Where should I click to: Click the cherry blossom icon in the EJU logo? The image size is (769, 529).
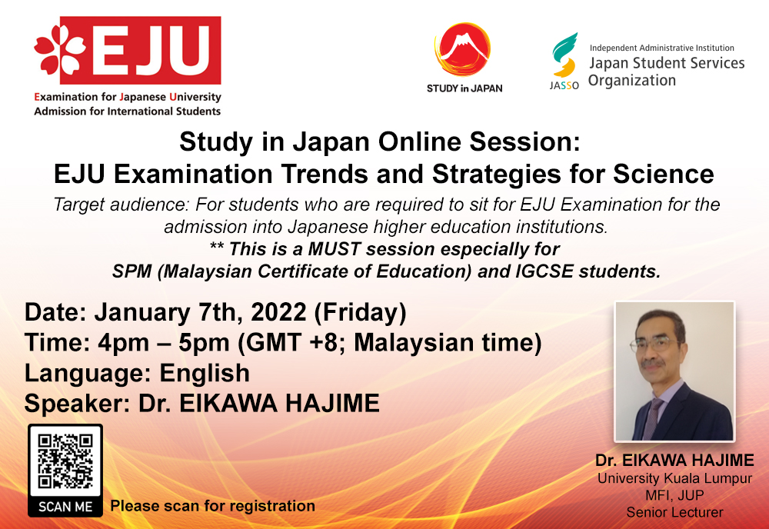point(60,49)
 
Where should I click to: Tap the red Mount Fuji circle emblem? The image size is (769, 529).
point(462,49)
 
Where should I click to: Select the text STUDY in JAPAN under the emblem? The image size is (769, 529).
point(464,88)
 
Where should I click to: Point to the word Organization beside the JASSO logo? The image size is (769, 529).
point(631,81)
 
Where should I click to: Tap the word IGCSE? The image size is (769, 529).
point(544,271)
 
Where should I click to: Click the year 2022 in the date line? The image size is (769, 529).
point(278,312)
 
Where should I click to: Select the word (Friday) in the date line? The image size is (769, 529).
point(361,313)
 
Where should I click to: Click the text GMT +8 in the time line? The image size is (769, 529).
point(292,343)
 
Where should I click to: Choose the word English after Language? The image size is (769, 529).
point(205,374)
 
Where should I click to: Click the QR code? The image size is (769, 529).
point(65,461)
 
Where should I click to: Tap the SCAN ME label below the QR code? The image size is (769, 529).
point(65,507)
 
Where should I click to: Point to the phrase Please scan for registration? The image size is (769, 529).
point(212,506)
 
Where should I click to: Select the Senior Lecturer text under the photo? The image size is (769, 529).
point(674,513)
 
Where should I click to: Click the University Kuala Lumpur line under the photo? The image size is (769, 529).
point(674,478)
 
